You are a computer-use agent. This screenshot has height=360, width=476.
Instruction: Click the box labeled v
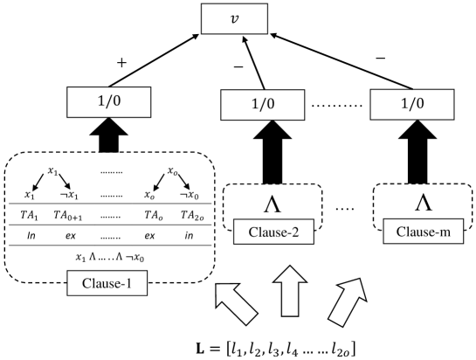[232, 19]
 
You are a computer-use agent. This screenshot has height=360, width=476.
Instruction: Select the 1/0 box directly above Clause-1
[109, 102]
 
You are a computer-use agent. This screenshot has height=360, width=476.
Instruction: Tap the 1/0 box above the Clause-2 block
[261, 105]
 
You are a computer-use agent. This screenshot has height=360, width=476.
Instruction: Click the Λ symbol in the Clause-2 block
[272, 204]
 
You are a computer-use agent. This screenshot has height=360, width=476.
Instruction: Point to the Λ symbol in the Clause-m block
[423, 203]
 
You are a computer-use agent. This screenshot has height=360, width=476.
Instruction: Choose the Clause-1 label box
[107, 283]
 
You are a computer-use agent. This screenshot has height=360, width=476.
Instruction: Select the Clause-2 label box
[272, 232]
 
